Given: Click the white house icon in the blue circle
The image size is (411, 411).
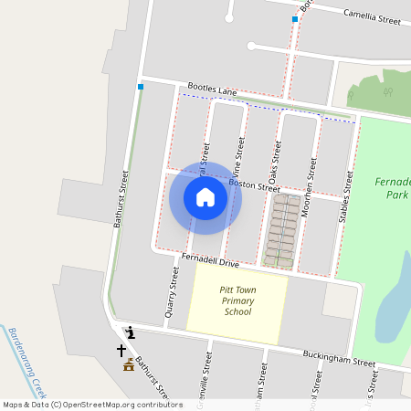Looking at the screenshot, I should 205,197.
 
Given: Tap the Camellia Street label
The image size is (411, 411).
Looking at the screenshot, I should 372,16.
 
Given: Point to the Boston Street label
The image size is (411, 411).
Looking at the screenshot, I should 254,184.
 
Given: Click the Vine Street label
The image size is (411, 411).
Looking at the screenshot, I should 240,156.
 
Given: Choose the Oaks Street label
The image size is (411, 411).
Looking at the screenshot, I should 275,156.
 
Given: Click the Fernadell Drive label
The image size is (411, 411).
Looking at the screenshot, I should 210,262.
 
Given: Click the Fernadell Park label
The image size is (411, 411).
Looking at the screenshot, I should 394,188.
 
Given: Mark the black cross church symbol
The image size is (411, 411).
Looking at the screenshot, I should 121,350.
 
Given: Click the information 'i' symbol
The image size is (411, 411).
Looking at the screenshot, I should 131,332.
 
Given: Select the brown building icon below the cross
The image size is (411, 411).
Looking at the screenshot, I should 129,366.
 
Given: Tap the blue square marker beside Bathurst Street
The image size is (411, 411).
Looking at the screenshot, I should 141,87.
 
